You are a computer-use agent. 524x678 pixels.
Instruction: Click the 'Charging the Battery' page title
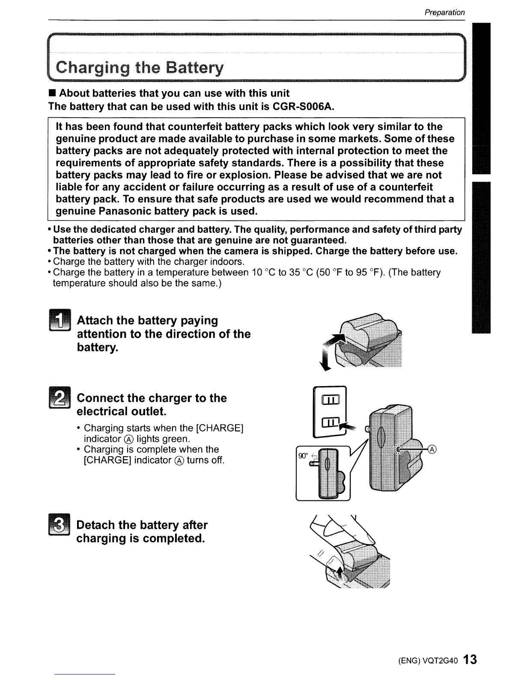coord(140,68)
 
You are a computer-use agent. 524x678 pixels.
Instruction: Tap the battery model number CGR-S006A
coord(302,106)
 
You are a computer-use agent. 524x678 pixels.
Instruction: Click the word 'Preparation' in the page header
coord(444,12)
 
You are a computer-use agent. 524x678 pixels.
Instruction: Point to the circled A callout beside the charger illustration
coord(432,449)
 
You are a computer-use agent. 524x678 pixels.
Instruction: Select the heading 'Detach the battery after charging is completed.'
coord(141,532)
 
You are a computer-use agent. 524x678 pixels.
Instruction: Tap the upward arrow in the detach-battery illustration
coord(340,571)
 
